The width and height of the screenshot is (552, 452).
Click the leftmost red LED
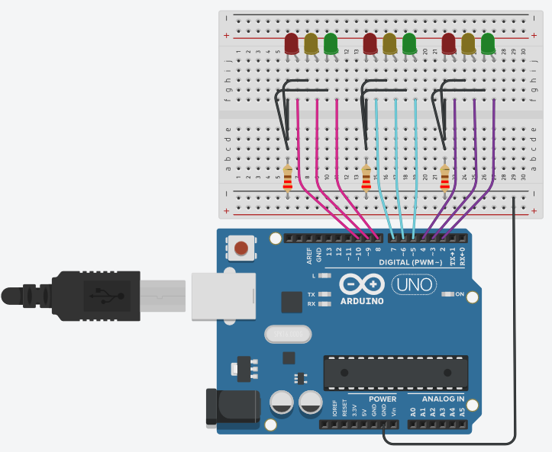click(291, 43)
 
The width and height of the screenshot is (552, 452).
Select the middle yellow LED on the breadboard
click(389, 43)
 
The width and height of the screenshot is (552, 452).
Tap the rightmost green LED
click(487, 43)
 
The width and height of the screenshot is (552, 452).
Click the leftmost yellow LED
click(311, 43)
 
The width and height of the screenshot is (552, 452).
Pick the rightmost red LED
click(448, 43)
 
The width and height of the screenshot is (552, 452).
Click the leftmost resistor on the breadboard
click(288, 178)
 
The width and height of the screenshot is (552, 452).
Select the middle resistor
click(366, 178)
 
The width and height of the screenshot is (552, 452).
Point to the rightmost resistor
click(445, 178)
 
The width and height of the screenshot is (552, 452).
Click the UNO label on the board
click(414, 285)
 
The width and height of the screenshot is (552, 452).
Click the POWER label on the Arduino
click(383, 399)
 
